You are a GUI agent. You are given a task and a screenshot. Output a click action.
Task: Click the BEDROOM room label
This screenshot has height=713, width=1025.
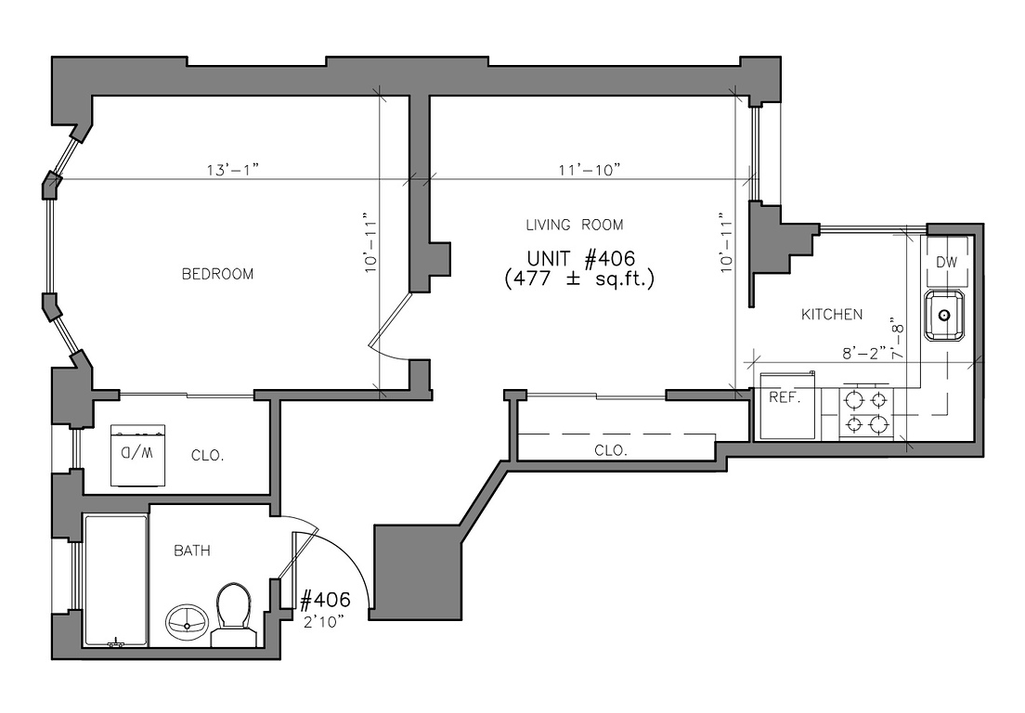pos(217,274)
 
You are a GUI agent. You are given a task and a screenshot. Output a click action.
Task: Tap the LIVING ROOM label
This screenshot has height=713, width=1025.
pos(575,225)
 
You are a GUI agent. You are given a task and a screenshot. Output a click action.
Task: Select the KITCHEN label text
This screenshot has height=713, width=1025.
pos(832,315)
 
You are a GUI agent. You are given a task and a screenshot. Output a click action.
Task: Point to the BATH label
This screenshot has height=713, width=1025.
pos(192,551)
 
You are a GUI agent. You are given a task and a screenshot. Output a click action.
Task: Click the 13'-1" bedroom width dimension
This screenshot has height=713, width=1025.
pos(233,170)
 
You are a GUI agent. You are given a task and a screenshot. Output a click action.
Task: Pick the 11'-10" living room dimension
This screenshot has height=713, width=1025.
pos(589,170)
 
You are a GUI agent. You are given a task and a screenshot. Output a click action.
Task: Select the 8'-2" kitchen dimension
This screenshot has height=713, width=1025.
pos(863,353)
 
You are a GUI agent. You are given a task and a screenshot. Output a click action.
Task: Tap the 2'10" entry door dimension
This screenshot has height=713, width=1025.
pos(324,622)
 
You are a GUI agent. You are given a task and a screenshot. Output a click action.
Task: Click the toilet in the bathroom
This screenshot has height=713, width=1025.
pos(232,615)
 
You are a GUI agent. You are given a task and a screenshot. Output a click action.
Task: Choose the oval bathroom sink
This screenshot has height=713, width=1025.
pos(188,621)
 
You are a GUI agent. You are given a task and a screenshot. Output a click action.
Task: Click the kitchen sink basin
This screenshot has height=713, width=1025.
pos(944,316)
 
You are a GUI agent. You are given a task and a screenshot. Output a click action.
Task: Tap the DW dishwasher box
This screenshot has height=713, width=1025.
pos(946,261)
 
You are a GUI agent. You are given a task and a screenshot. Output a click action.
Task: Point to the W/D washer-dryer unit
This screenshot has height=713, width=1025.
pos(138,456)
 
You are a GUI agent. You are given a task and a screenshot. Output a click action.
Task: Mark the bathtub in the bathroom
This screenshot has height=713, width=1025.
pos(116,580)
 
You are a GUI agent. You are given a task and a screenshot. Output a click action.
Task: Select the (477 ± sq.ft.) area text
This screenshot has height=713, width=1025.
pos(580,279)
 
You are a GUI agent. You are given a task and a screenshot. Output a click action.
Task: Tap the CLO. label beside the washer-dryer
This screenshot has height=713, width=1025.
pos(208,456)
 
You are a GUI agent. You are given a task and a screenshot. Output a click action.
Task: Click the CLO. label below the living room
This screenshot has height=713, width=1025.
pos(611,451)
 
